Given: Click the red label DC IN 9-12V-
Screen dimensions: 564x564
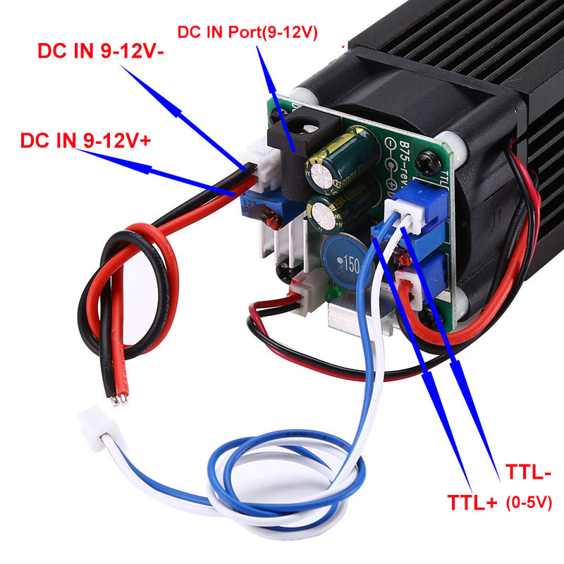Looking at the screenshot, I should click(110, 52).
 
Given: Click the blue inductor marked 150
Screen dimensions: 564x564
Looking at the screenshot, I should click(345, 260).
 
